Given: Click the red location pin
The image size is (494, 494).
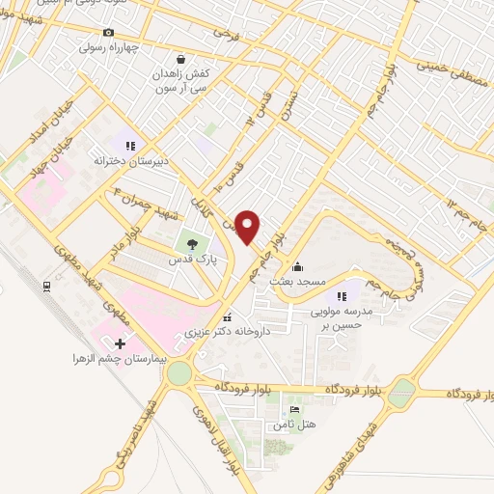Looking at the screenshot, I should [249, 227].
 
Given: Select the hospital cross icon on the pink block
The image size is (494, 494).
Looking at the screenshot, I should [120, 343].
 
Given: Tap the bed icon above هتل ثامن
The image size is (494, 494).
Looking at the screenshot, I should [281, 410].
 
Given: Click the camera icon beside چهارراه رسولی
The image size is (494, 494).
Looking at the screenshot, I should [80, 44].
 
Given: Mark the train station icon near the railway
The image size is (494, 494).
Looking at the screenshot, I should [45, 287].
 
